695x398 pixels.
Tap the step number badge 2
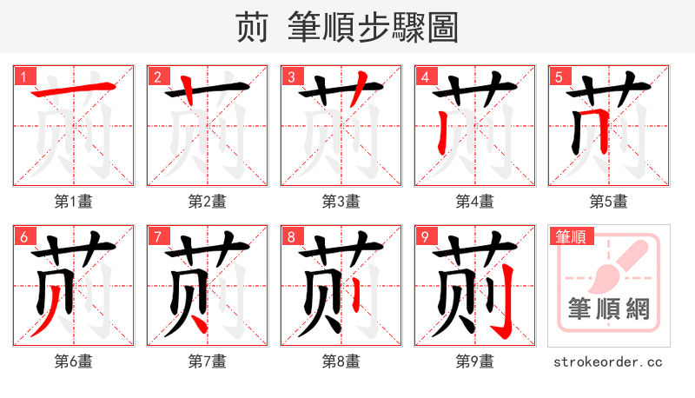157,76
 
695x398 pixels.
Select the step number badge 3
291,76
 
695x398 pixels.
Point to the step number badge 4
425,76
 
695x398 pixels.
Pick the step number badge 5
559,76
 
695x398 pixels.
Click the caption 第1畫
73,202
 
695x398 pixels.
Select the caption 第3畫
341,202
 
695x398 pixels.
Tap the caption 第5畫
608,202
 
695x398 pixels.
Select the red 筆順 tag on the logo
572,236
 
